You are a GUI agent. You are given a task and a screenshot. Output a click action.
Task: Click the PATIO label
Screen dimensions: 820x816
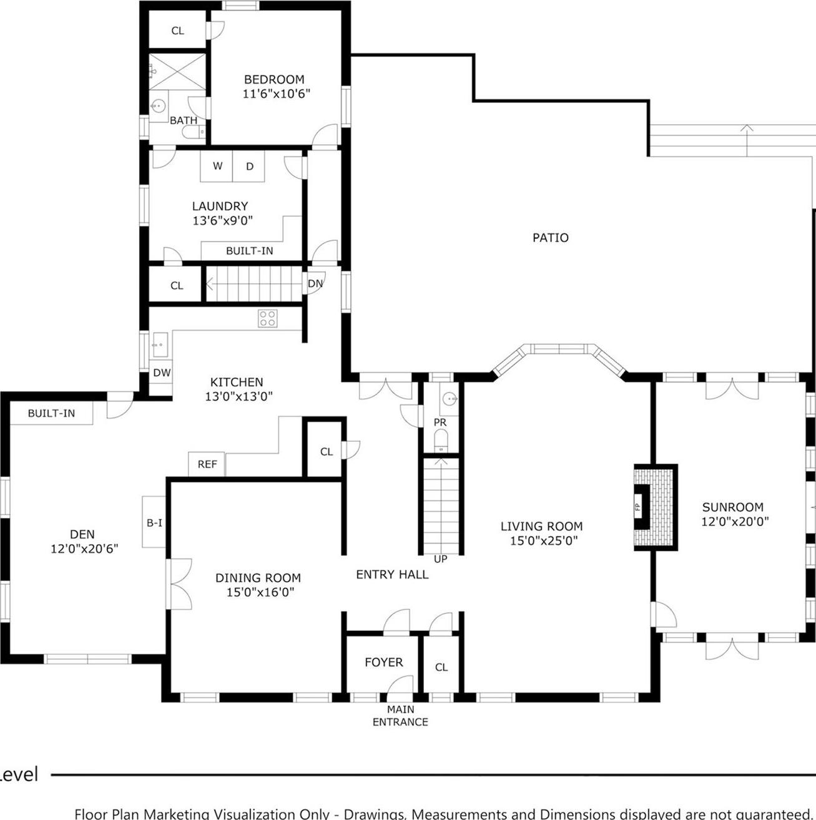coord(550,237)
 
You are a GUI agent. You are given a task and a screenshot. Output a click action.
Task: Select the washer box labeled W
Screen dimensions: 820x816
coord(217,166)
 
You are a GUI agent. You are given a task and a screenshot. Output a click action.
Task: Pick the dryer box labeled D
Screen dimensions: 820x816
coord(249,166)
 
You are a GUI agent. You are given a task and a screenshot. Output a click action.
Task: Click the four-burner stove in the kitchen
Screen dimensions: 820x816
coord(268,318)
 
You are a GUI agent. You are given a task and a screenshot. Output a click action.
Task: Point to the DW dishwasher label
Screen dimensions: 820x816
coord(162,373)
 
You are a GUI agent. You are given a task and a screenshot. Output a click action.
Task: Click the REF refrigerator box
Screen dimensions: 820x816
coord(207,464)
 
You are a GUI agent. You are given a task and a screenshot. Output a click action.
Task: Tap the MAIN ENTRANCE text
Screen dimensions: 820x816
coord(400,716)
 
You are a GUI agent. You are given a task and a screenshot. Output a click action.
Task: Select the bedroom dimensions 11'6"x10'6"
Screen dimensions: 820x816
coord(276,94)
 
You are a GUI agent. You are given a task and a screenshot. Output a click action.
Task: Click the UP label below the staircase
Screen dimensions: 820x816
coord(440,559)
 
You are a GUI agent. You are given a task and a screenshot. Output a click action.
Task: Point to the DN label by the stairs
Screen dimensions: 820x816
coord(315,283)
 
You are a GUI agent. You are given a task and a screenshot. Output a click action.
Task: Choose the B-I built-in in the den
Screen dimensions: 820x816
coord(154,522)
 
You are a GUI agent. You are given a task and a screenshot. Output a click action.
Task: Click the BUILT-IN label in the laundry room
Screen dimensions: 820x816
coord(249,251)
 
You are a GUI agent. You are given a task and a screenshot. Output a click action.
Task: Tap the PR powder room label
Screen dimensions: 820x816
coord(440,422)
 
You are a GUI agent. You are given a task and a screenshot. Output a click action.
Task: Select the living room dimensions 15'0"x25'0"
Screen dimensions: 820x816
coord(543,540)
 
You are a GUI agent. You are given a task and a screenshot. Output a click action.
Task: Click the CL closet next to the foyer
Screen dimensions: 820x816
coord(441,667)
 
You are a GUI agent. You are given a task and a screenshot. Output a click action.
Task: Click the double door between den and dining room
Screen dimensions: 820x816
coord(179,583)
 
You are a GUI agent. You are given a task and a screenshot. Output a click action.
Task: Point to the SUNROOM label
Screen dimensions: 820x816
coord(732,507)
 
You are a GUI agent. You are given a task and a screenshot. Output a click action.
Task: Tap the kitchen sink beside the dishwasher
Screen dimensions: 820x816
coord(159,344)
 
